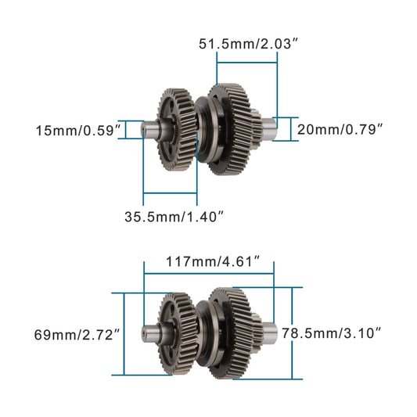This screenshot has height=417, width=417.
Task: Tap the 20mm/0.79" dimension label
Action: click(x=340, y=130)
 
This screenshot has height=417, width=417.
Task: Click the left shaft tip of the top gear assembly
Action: click(x=146, y=130)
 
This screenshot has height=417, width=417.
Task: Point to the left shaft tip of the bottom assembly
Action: click(x=146, y=333)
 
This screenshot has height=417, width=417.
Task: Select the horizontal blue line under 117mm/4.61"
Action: click(x=208, y=274)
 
